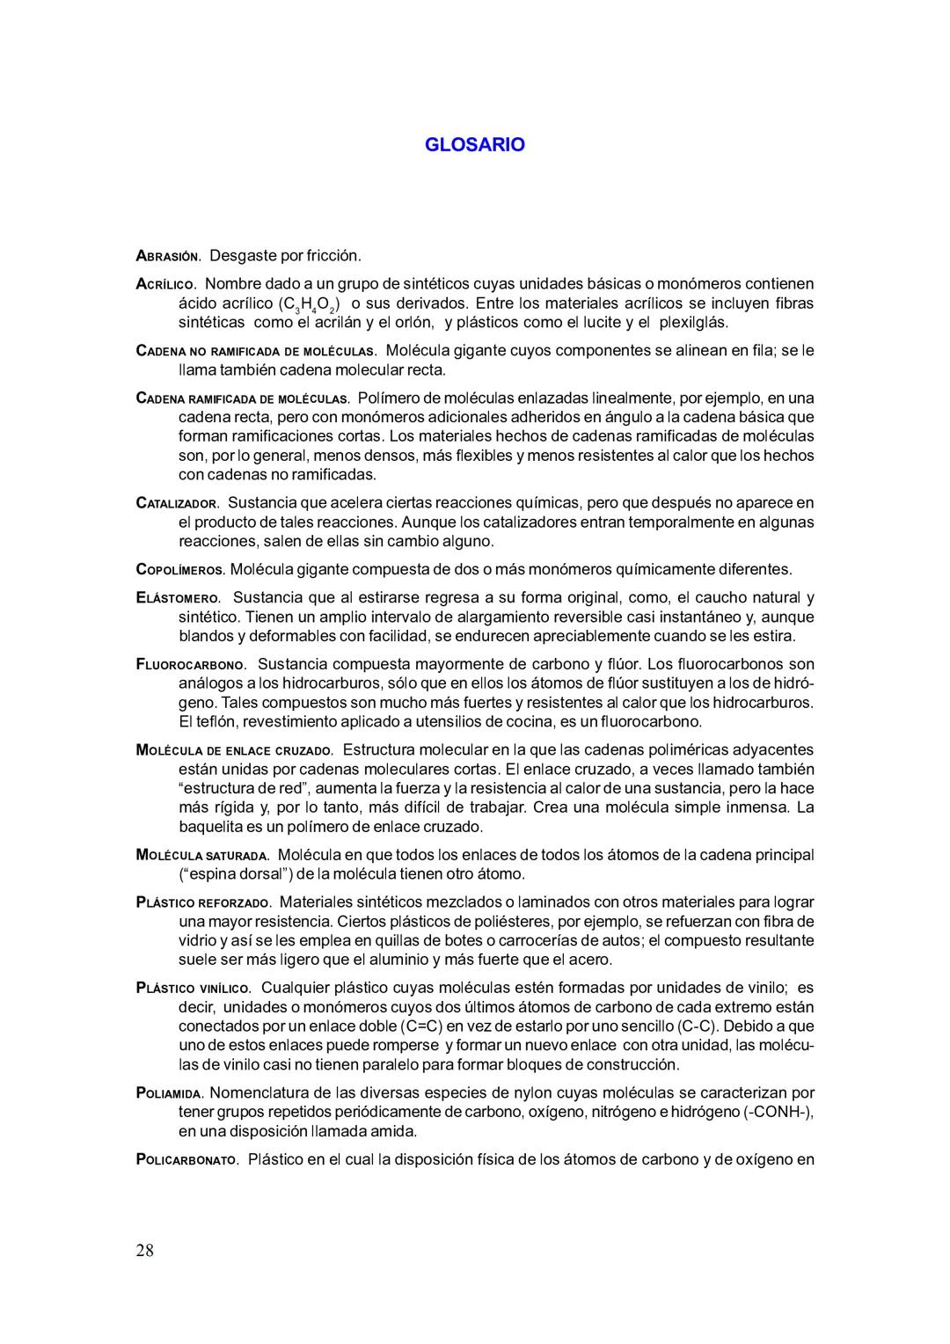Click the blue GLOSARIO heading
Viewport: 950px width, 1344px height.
click(474, 145)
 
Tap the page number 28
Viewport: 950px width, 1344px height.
click(145, 1250)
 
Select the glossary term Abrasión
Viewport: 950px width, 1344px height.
click(169, 256)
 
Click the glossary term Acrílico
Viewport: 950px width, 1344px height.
click(166, 284)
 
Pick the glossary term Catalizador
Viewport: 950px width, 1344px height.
click(178, 503)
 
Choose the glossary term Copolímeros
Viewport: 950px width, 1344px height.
click(181, 570)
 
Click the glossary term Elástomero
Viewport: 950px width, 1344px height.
click(179, 598)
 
